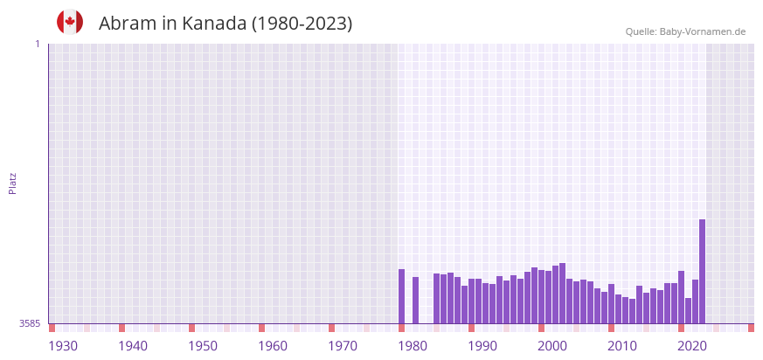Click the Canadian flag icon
pyautogui.click(x=70, y=22)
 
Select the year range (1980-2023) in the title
pyautogui.click(x=302, y=24)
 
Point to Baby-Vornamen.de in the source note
pyautogui.click(x=703, y=32)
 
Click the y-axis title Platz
pyautogui.click(x=13, y=183)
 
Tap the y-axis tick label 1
pyautogui.click(x=37, y=44)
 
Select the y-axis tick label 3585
pyautogui.click(x=30, y=323)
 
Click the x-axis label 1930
pyautogui.click(x=63, y=346)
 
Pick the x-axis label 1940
pyautogui.click(x=133, y=346)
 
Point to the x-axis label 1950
pyautogui.click(x=203, y=346)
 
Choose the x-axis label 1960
pyautogui.click(x=273, y=346)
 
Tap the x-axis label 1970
pyautogui.click(x=343, y=346)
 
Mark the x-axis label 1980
pyautogui.click(x=413, y=346)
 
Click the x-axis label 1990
pyautogui.click(x=482, y=346)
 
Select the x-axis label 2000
pyautogui.click(x=552, y=346)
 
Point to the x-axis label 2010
pyautogui.click(x=622, y=346)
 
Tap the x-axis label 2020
pyautogui.click(x=692, y=346)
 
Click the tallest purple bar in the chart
pyautogui.click(x=702, y=271)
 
